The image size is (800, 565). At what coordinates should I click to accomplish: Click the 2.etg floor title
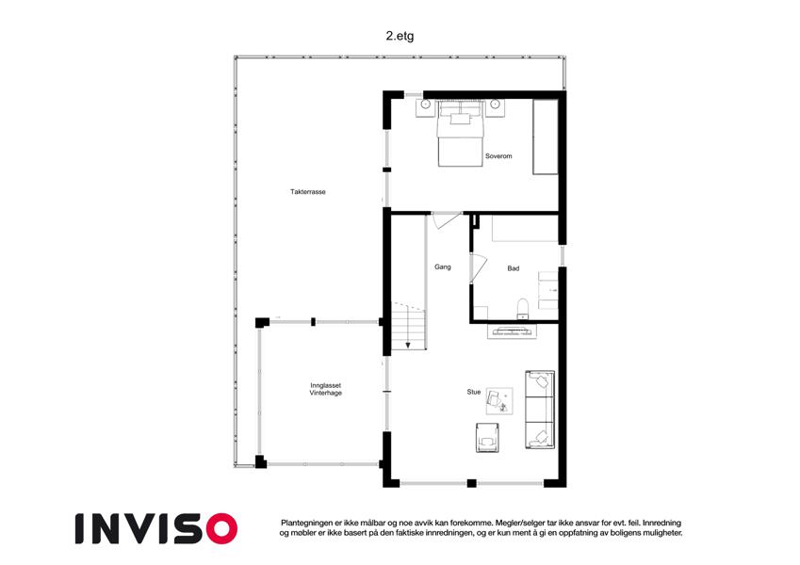pos(400,36)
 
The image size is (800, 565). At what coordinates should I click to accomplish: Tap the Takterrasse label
pos(307,192)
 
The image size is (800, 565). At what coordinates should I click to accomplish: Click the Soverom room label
pos(498,156)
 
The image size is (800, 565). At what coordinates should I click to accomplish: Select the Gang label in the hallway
pos(442,266)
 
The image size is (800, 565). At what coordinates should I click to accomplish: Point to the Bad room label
pos(514,268)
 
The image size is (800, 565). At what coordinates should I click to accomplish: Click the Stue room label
pos(473,392)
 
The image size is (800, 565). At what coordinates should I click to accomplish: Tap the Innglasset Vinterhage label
pos(325,390)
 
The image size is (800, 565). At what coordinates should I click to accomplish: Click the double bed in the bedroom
pos(460,134)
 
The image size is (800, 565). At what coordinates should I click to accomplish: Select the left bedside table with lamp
pos(425,108)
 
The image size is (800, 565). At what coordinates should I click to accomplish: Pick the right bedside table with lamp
pos(495,108)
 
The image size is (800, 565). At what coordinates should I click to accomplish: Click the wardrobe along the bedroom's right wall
pos(546,137)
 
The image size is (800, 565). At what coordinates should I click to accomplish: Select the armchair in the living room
pos(488,437)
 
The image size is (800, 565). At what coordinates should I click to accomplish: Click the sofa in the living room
pos(540,410)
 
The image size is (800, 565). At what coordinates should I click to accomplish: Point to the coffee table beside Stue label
pos(498,401)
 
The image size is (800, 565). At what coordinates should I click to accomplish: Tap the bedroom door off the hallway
pos(446,220)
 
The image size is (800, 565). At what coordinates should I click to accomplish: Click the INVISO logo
pos(156,528)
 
